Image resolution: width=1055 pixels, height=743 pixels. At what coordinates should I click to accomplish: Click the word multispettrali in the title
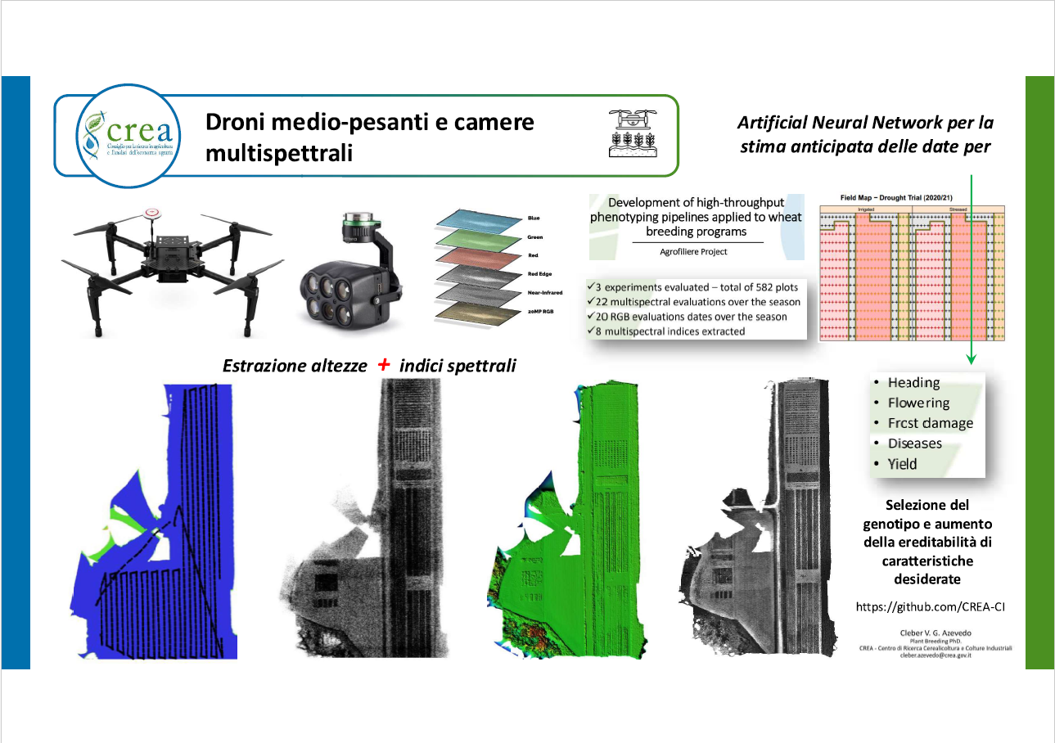point(279,153)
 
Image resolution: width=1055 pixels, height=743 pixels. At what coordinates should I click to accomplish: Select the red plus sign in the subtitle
point(384,365)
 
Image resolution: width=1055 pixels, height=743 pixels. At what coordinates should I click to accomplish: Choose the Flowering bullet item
point(918,403)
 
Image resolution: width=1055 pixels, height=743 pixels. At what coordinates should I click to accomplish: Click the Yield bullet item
point(902,464)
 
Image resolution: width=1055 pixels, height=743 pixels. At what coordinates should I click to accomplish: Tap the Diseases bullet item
point(914,444)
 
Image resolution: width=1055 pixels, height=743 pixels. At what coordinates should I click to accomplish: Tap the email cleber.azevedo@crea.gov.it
point(940,655)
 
